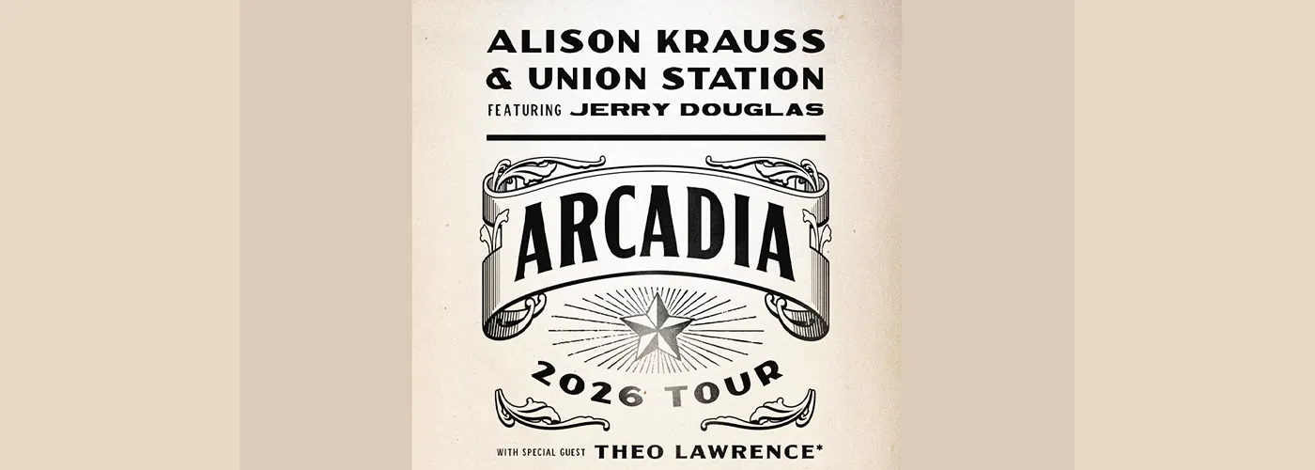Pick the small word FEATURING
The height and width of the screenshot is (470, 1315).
coord(524,110)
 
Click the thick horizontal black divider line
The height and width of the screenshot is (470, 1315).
coord(656,137)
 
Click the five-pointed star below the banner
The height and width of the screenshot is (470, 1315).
coord(657,325)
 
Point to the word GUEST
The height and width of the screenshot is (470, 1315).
coord(572,452)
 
